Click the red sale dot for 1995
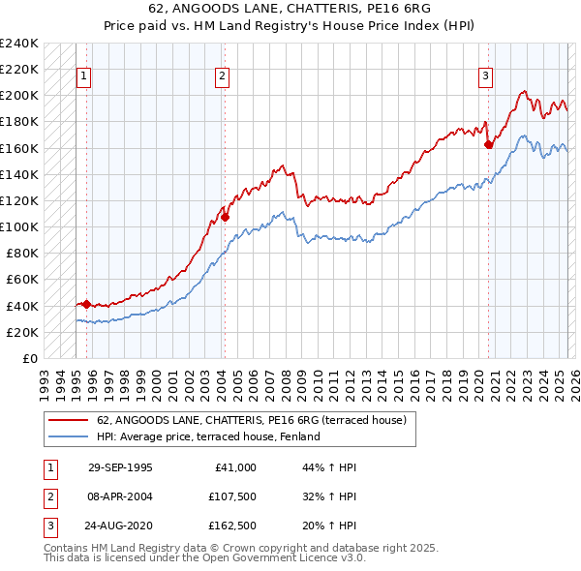(x=87, y=304)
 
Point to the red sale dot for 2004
(x=225, y=217)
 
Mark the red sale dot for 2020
(x=488, y=145)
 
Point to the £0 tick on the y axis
(x=29, y=358)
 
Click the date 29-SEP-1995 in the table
(x=120, y=467)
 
